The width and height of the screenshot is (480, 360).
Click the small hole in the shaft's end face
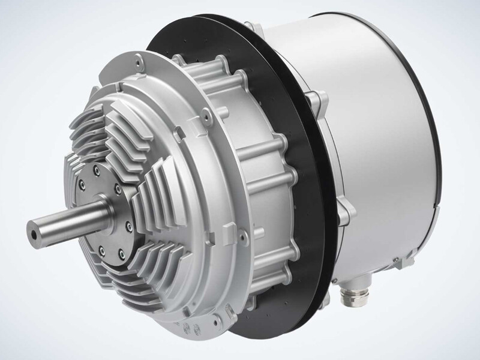(x=32, y=229)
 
